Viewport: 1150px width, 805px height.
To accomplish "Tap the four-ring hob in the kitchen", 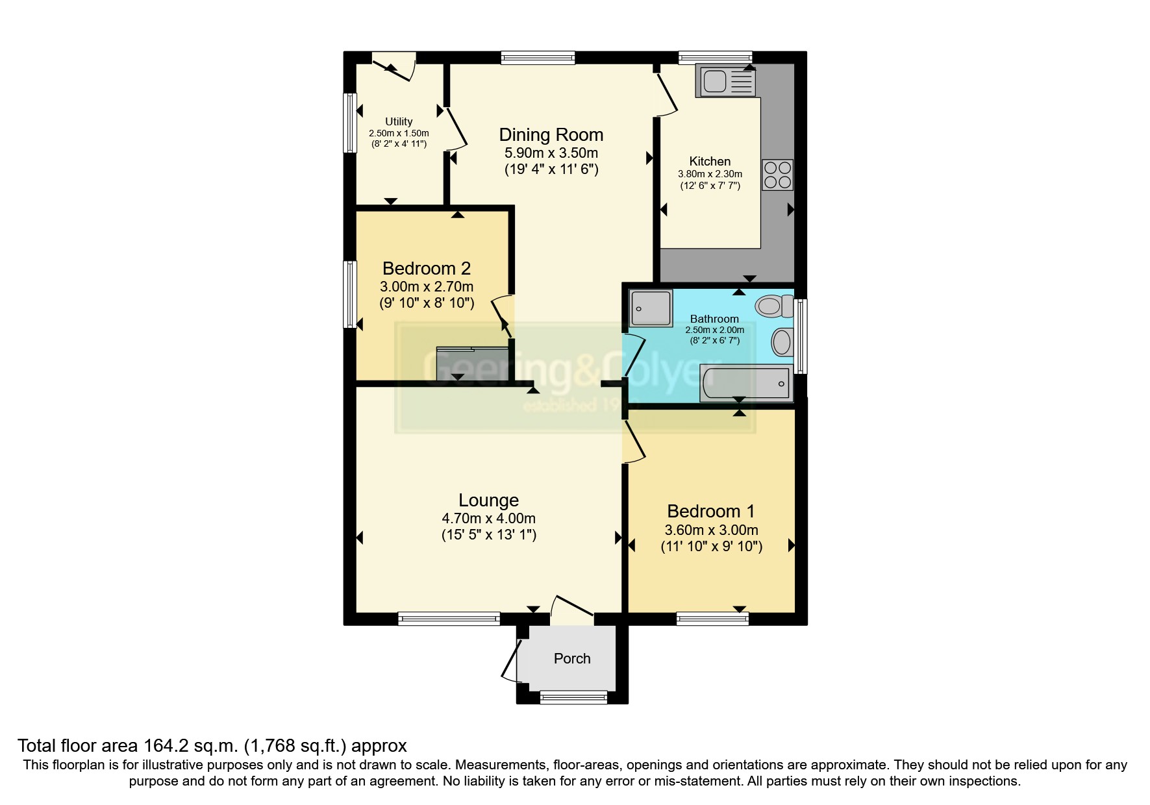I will [x=777, y=175].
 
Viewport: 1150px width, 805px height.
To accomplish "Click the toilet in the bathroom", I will [x=774, y=305].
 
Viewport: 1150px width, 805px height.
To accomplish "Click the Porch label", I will [x=572, y=658].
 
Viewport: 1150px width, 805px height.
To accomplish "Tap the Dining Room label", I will [x=551, y=134].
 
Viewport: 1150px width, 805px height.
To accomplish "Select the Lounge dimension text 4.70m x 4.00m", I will [x=488, y=518].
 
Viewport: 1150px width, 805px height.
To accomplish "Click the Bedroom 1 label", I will [x=710, y=511].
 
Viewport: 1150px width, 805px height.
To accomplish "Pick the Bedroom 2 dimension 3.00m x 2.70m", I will [x=426, y=286].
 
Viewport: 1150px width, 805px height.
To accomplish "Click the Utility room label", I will [x=399, y=121].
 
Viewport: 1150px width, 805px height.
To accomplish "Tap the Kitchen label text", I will [x=710, y=161].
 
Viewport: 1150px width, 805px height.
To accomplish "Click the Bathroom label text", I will [x=714, y=319].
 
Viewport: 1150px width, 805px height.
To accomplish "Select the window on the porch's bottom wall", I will [x=573, y=699].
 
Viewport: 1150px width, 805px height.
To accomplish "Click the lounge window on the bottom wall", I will [x=449, y=619].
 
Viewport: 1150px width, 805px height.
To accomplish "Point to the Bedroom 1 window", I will [x=712, y=619].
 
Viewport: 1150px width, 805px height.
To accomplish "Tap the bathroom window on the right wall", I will [x=801, y=336].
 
